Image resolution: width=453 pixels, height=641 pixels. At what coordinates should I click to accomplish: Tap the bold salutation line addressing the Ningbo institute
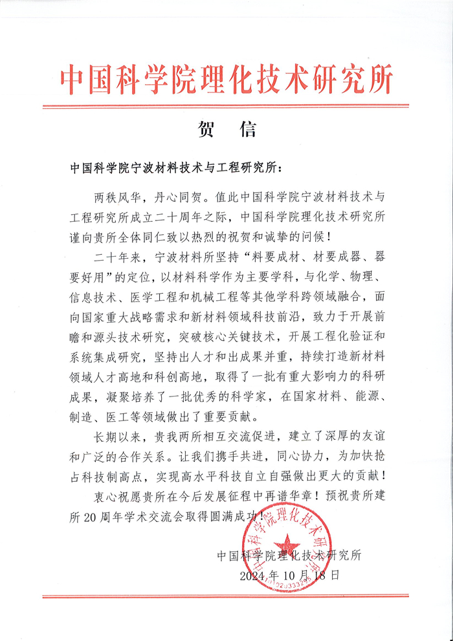pyautogui.click(x=175, y=167)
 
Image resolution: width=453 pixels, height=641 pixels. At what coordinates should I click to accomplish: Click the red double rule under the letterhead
pyautogui.click(x=226, y=105)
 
